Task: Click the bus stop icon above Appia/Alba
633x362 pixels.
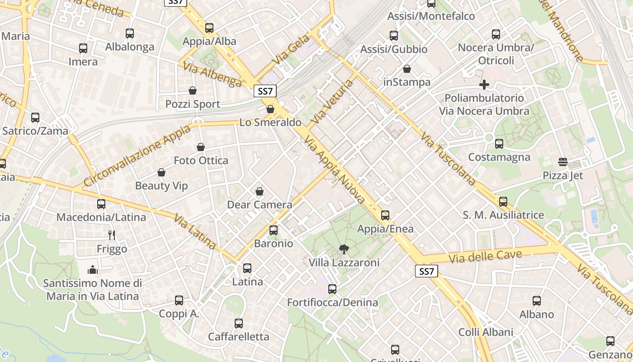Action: click(209, 28)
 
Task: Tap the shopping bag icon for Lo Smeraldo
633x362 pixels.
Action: click(270, 109)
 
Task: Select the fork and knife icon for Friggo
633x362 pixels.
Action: click(112, 235)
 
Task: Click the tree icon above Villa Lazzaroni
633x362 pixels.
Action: click(344, 249)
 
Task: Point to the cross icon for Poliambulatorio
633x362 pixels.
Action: click(484, 85)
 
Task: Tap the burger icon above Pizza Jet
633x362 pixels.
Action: click(563, 162)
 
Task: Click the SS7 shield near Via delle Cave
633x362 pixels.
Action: click(426, 271)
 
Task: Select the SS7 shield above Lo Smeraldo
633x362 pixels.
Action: click(265, 91)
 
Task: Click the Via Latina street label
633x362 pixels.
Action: click(195, 231)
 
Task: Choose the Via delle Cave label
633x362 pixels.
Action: click(485, 256)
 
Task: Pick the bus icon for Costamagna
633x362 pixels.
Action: click(499, 144)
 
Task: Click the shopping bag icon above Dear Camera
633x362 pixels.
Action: click(260, 191)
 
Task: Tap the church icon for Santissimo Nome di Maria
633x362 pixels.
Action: click(93, 270)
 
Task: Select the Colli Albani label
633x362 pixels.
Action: click(486, 332)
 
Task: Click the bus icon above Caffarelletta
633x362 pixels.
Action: click(238, 324)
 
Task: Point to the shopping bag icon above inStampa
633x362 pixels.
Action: click(407, 69)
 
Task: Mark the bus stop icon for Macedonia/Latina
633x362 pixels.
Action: click(101, 204)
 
